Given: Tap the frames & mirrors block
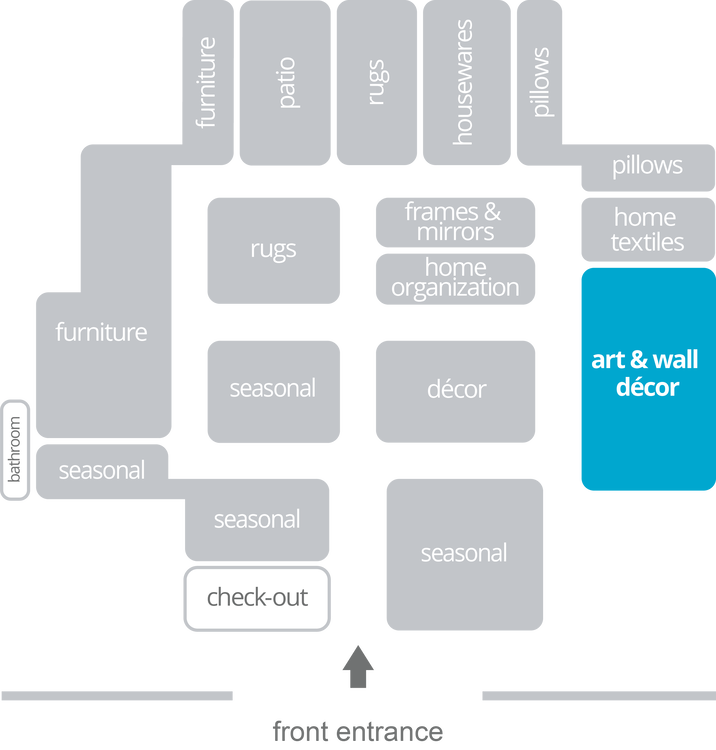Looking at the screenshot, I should click(455, 222).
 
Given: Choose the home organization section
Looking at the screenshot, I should click(455, 278).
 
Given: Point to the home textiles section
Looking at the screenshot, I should click(647, 229).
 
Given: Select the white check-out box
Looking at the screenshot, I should click(257, 598).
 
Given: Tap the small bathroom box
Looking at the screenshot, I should click(15, 450).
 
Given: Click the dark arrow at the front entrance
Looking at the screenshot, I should click(357, 666).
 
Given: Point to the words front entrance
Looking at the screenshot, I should click(357, 732).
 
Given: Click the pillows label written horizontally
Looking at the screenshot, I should click(647, 165).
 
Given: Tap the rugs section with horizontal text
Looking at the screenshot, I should click(273, 250).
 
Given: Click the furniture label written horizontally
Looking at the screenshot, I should click(101, 332).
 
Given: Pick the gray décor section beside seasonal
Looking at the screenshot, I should click(456, 390).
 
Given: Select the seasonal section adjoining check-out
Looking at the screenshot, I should click(257, 520).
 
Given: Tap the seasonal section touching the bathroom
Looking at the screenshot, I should click(101, 470).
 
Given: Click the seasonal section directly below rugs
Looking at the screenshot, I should click(273, 390).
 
